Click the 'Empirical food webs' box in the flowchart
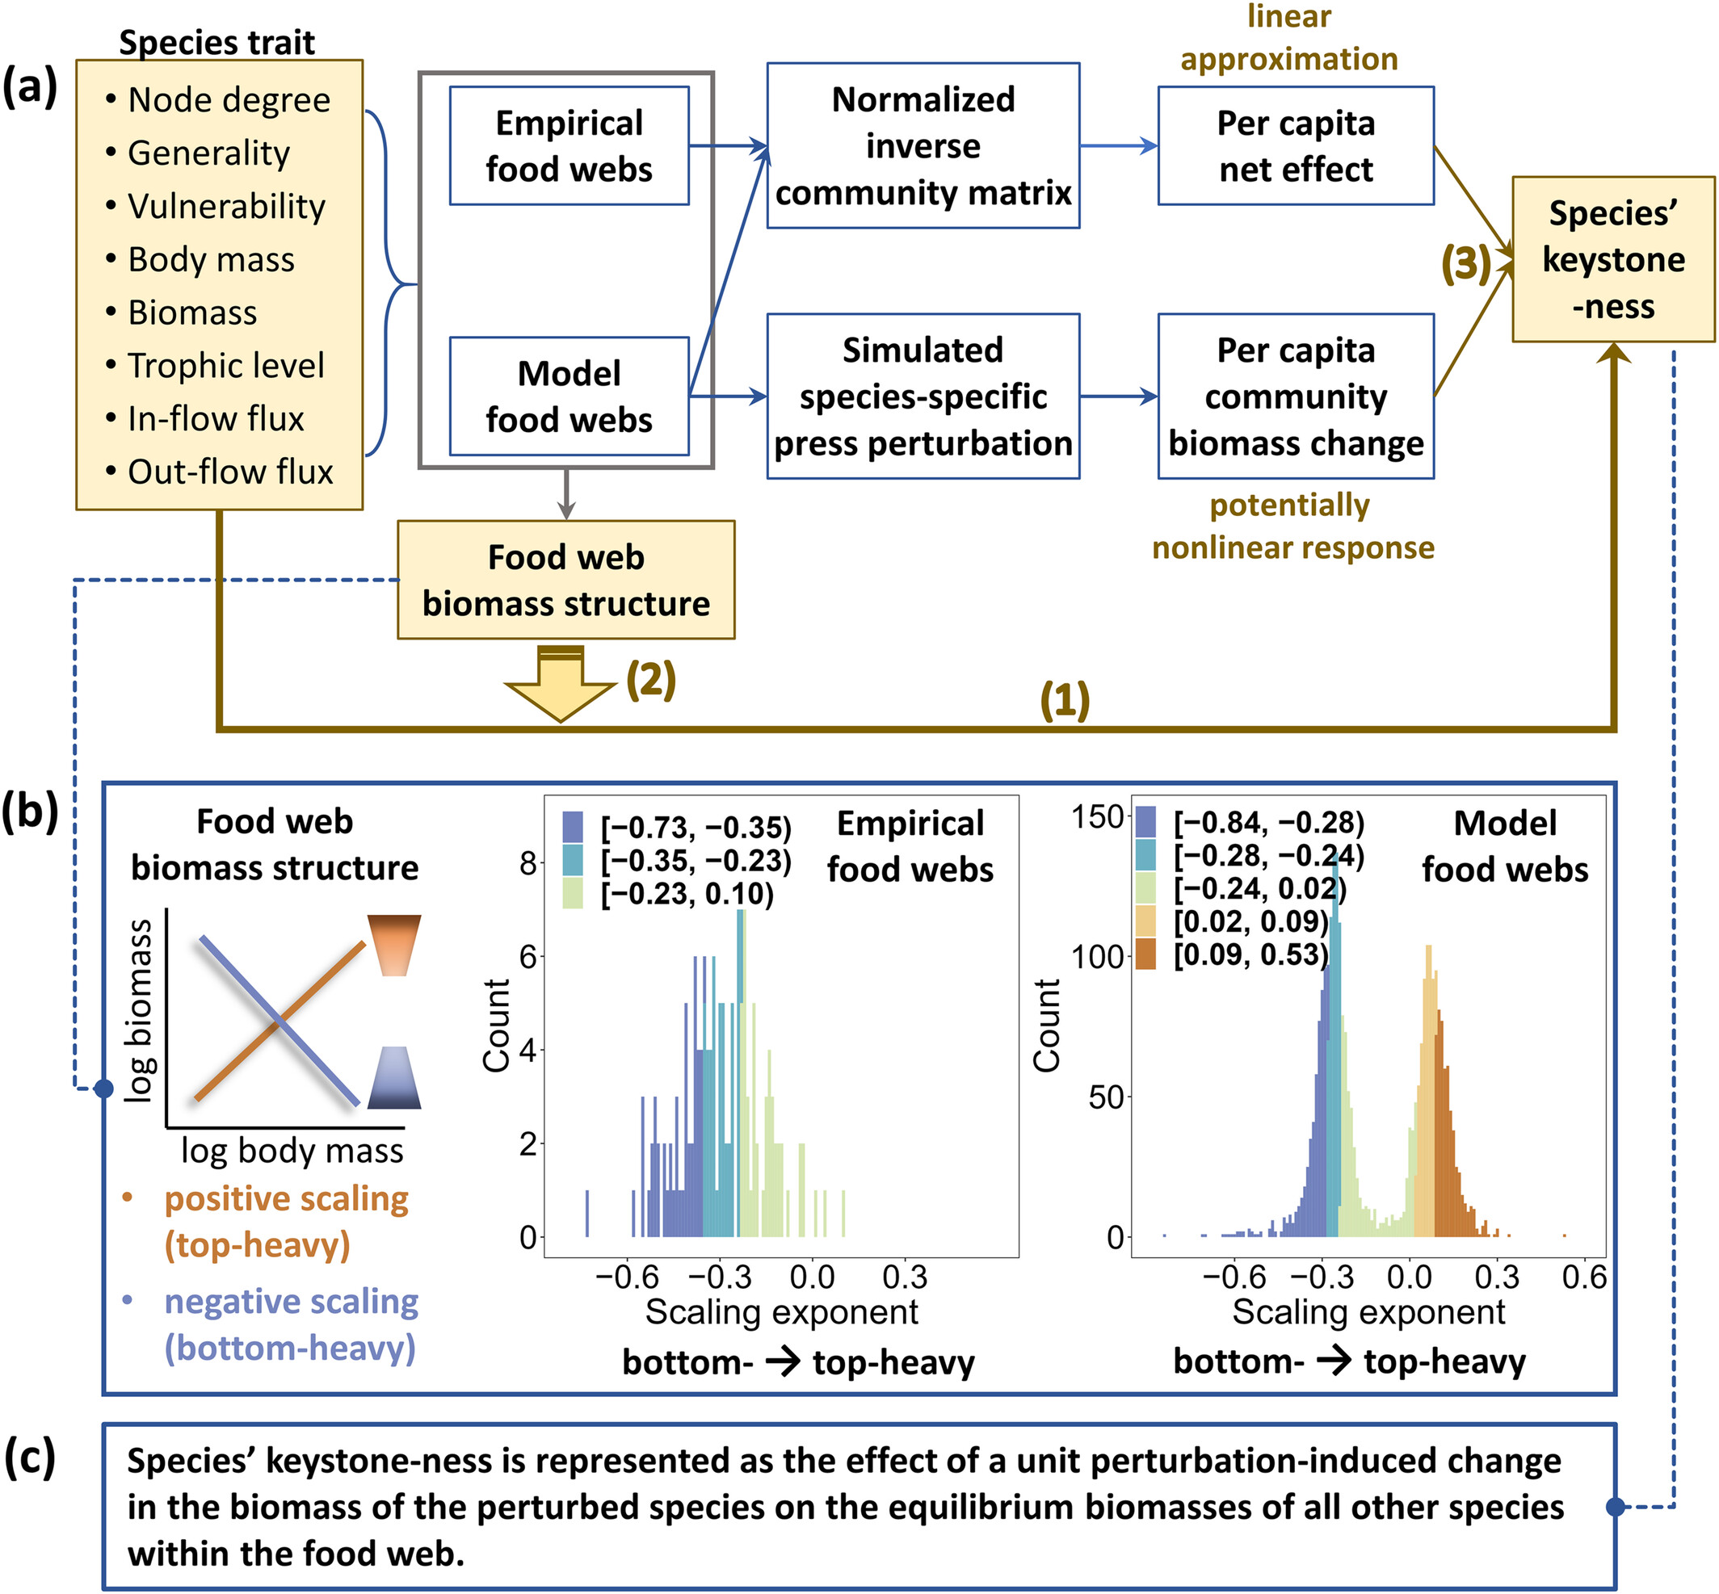[569, 146]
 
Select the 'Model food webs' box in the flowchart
[569, 396]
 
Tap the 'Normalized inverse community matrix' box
[923, 146]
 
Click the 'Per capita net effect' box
[1295, 146]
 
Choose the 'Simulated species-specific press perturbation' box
[923, 396]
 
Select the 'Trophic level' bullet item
[215, 366]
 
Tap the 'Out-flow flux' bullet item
[219, 472]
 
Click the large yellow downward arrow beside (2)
[561, 683]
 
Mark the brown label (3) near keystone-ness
[1466, 263]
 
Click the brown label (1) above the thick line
[1065, 699]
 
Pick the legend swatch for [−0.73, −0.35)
[573, 826]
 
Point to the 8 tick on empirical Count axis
[528, 862]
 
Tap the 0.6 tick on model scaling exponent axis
[1584, 1277]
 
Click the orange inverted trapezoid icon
[394, 946]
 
